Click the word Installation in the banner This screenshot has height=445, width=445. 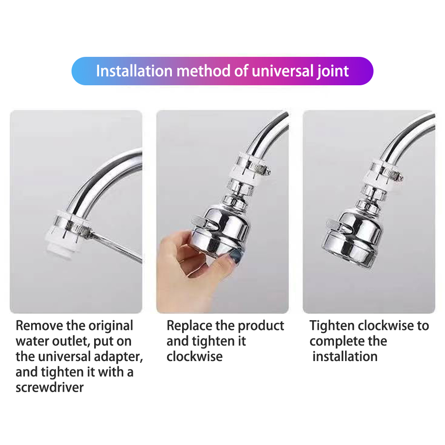134,71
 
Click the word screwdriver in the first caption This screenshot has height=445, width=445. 50,387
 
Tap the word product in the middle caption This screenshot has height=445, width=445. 261,326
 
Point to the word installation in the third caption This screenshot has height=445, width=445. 345,357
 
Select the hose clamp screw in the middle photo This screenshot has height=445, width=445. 267,171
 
